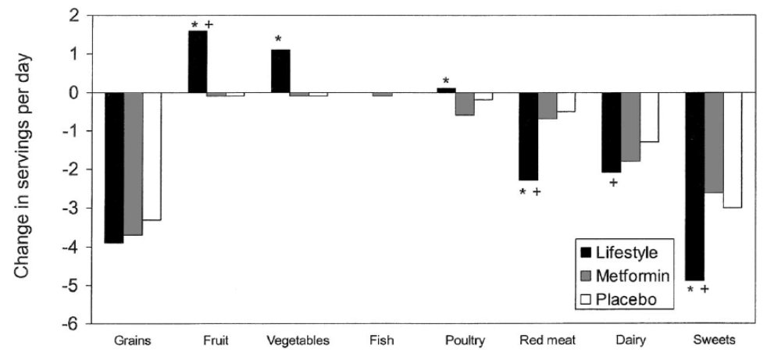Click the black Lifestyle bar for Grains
[114, 167]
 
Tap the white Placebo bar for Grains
[152, 156]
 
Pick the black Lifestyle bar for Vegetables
[280, 71]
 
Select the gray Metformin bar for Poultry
[465, 104]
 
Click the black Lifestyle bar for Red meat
[529, 136]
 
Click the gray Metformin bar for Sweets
[713, 142]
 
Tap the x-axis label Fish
[381, 341]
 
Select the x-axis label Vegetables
[298, 341]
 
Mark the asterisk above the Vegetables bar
[278, 40]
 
